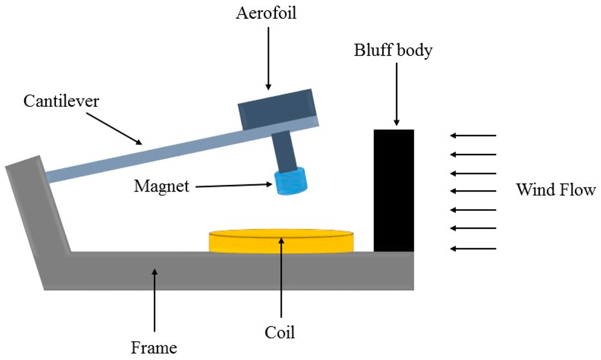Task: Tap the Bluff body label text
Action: (x=393, y=51)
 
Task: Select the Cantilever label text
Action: (x=62, y=101)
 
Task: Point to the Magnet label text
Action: (x=162, y=187)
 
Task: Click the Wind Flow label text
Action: (x=556, y=190)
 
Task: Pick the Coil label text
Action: (x=280, y=333)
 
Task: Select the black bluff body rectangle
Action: (x=394, y=190)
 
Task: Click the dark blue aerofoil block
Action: (x=277, y=109)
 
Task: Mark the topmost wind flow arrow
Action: (x=474, y=136)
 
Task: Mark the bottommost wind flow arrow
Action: (x=474, y=248)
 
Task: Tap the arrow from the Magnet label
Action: (x=235, y=186)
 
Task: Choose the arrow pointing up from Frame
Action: (x=154, y=300)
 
